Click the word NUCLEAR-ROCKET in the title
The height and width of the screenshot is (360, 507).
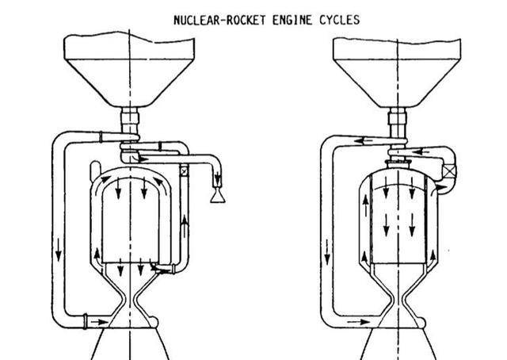click(x=210, y=20)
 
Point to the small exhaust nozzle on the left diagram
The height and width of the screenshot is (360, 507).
click(x=215, y=193)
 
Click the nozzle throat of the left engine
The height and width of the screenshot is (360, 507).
click(x=129, y=304)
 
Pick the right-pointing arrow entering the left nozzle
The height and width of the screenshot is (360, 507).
click(x=97, y=322)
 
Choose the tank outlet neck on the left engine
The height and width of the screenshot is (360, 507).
click(x=129, y=123)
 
